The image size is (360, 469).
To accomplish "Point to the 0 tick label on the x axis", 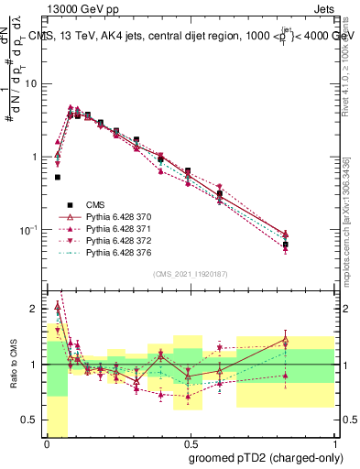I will (46, 444).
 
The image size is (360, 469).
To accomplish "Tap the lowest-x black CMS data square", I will (58, 177).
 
